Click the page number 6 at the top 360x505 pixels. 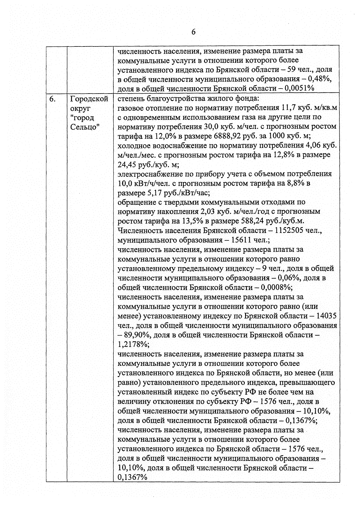coord(193,32)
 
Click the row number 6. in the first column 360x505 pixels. coord(52,99)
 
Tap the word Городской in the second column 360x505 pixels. coord(89,99)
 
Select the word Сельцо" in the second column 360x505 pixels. coord(85,127)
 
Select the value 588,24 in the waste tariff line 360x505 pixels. coord(251,221)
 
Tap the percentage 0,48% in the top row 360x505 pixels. coord(321,79)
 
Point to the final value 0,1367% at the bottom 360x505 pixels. coord(132,477)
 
